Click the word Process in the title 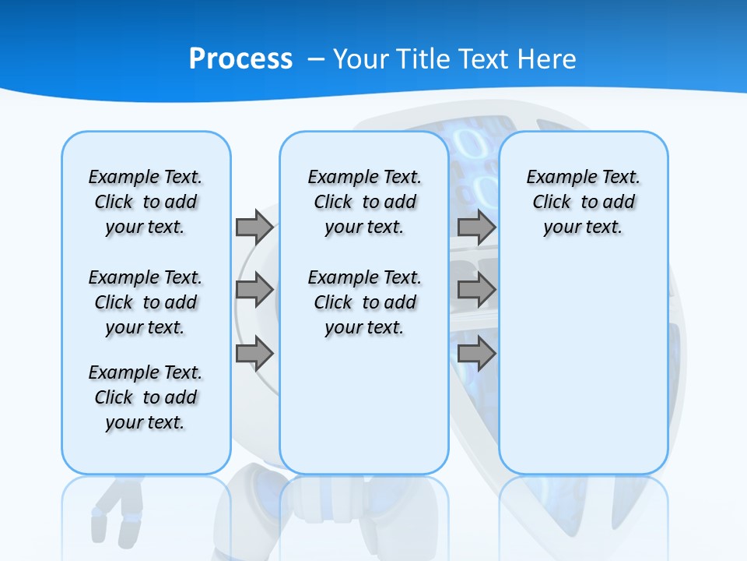240,58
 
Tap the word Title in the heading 425,58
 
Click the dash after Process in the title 316,59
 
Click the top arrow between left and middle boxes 254,227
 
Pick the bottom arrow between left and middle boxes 254,354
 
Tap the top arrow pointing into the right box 477,227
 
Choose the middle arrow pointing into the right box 477,291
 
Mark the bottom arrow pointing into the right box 477,354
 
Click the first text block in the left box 146,202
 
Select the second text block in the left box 146,302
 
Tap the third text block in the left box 146,397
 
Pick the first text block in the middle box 364,202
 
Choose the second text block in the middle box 364,302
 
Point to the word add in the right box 618,203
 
